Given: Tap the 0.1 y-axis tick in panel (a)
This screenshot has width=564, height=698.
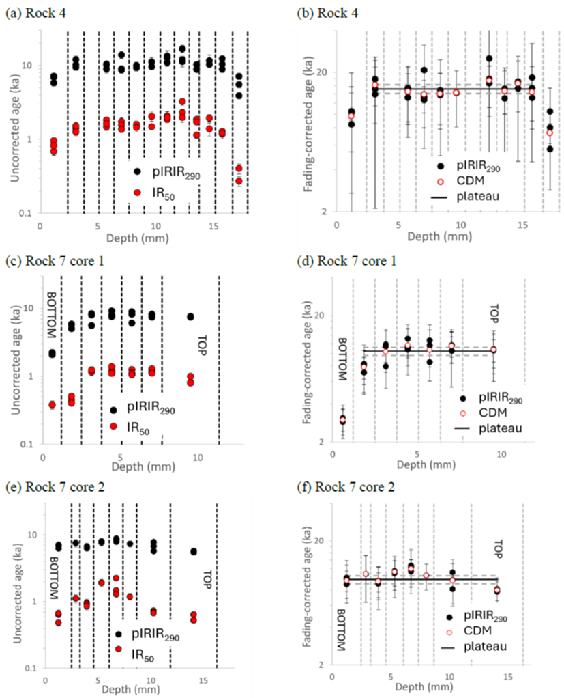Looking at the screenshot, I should click(x=25, y=213).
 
